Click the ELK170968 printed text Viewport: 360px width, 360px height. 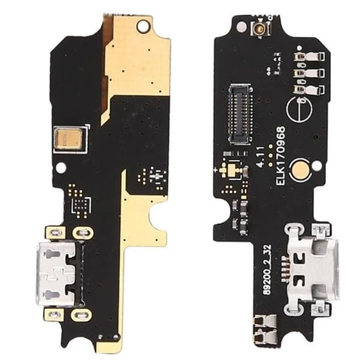tap(280, 156)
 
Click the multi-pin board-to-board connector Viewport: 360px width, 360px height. tap(240, 114)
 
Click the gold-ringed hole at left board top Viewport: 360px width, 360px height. tap(143, 25)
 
